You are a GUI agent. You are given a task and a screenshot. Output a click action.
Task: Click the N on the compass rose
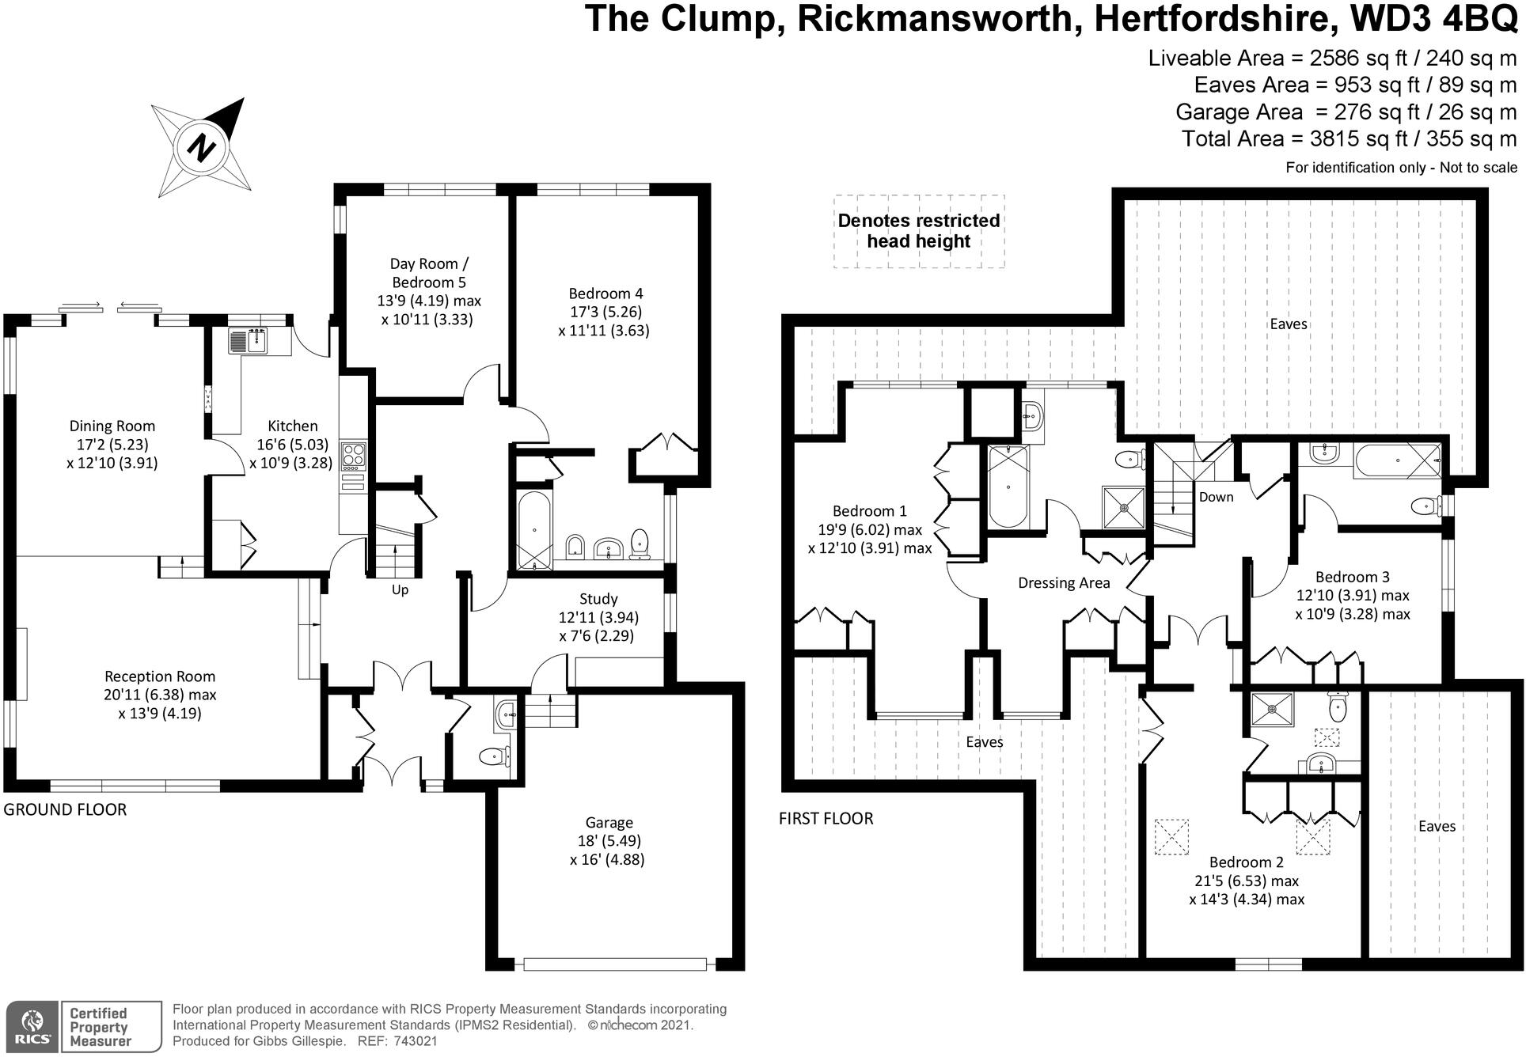click(202, 147)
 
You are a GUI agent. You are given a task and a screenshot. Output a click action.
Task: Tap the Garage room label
click(609, 823)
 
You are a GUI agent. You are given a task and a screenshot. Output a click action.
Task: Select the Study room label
click(598, 599)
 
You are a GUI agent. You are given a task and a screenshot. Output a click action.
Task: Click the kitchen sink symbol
click(251, 341)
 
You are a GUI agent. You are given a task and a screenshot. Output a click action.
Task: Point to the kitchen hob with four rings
click(353, 456)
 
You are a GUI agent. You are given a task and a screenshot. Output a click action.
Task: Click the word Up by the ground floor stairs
click(400, 590)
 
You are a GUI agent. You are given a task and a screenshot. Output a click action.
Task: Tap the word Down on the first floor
click(1216, 497)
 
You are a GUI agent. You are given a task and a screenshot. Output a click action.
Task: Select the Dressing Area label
click(1063, 583)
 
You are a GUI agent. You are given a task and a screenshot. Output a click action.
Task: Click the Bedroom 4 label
click(605, 294)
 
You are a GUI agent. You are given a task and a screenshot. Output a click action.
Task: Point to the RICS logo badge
click(32, 1027)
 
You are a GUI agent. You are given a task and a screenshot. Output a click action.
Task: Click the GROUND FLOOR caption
click(65, 809)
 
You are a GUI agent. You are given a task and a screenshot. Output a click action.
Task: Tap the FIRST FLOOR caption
click(826, 819)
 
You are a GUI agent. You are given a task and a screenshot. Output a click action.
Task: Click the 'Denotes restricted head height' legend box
click(918, 231)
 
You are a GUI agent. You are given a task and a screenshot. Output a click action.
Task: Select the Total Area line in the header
click(1349, 139)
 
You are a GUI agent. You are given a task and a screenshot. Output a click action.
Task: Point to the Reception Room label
click(160, 676)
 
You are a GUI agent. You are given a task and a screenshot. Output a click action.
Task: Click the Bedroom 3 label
click(1352, 578)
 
